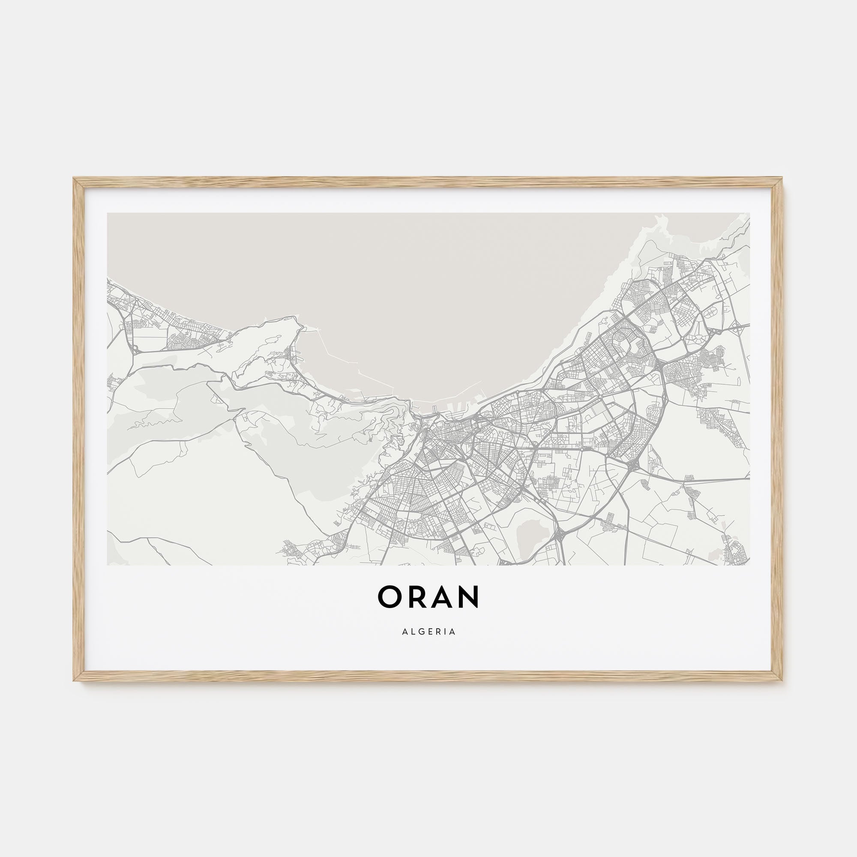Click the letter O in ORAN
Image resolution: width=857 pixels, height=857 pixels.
390,596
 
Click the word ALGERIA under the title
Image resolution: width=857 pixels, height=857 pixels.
429,632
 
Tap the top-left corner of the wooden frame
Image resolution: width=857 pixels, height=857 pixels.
74,179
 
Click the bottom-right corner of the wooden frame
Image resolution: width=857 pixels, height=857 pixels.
782,680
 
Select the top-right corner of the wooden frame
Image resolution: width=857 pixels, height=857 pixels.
782,179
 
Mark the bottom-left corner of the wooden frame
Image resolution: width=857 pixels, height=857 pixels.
74,680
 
